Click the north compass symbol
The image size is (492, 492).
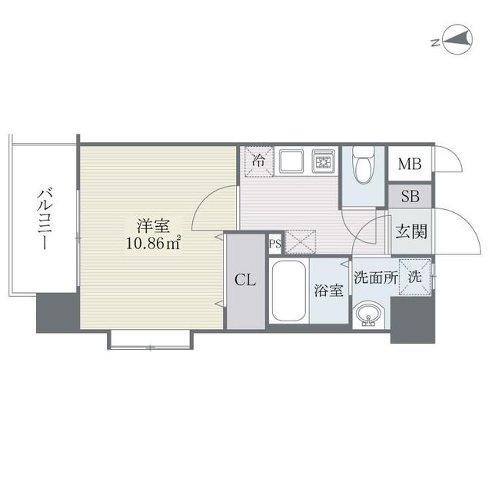click(457, 40)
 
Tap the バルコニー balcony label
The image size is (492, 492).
click(45, 218)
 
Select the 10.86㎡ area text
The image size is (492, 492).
click(153, 243)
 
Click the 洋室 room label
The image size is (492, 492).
click(153, 225)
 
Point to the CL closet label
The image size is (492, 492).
click(245, 280)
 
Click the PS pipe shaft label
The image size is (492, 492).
click(275, 244)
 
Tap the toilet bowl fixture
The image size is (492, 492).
click(364, 165)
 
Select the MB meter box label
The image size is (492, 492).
click(410, 164)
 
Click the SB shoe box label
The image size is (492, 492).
click(410, 197)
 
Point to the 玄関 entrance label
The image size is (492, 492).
click(411, 231)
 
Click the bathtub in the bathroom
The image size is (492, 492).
click(289, 291)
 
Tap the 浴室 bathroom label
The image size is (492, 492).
click(328, 291)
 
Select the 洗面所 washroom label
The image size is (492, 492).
click(376, 278)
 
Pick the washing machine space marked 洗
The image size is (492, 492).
click(414, 277)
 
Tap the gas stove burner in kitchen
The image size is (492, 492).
click(324, 161)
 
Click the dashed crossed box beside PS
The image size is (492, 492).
click(300, 242)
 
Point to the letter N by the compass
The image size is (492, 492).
click(435, 43)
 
